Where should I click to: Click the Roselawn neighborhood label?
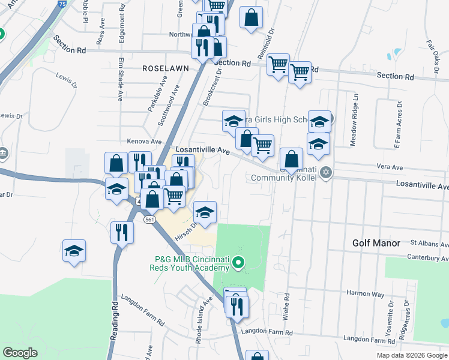[166, 68]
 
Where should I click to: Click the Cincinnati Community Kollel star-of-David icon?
[326, 173]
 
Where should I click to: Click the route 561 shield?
[149, 220]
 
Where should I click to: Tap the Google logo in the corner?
[20, 353]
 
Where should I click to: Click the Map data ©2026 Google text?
[412, 355]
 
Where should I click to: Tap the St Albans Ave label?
[429, 244]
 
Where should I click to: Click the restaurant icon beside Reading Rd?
[122, 233]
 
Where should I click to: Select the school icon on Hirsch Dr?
[205, 212]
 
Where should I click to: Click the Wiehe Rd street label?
[288, 307]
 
